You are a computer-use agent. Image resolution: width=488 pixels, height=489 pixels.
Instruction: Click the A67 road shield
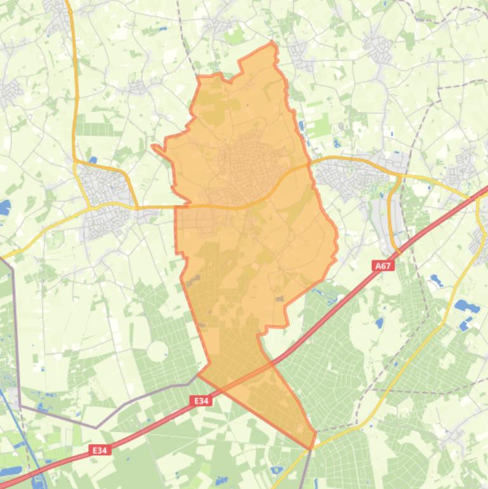click(x=382, y=267)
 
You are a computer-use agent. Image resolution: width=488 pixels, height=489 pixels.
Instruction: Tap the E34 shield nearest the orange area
click(x=201, y=401)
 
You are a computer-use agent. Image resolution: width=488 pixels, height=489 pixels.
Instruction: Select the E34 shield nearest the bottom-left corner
click(x=100, y=450)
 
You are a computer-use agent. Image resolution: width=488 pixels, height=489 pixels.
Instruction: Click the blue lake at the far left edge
click(x=4, y=208)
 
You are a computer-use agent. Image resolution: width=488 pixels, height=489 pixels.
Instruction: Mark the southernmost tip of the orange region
click(x=311, y=448)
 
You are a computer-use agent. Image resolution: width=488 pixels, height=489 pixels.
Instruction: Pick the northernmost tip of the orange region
click(x=273, y=43)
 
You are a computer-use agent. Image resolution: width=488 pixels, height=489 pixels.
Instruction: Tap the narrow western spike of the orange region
click(x=154, y=147)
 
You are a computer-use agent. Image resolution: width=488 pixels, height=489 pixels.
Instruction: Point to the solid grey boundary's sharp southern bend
click(x=96, y=427)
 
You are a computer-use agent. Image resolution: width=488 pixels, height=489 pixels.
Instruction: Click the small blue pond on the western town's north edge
click(x=93, y=160)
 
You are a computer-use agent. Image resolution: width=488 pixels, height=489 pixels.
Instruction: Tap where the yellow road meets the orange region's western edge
click(x=176, y=206)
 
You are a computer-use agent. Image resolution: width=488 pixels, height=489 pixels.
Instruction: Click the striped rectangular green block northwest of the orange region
click(x=95, y=128)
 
